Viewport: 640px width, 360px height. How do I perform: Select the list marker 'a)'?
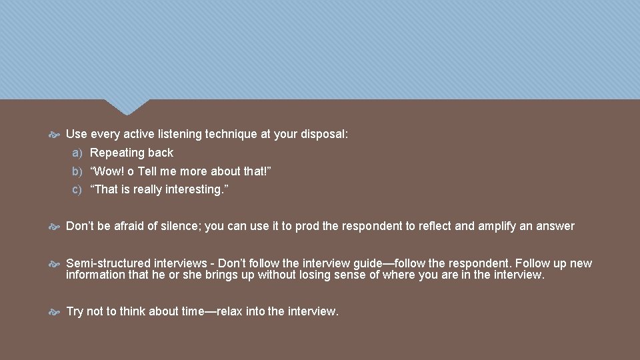tap(77, 153)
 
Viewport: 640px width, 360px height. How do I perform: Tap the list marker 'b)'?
tap(77, 171)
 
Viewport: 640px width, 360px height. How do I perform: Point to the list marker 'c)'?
tap(77, 189)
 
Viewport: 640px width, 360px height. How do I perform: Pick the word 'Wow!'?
tap(109, 171)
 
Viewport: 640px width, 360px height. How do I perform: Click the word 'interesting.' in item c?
tap(197, 189)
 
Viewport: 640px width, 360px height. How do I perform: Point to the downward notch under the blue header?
tap(127, 107)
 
